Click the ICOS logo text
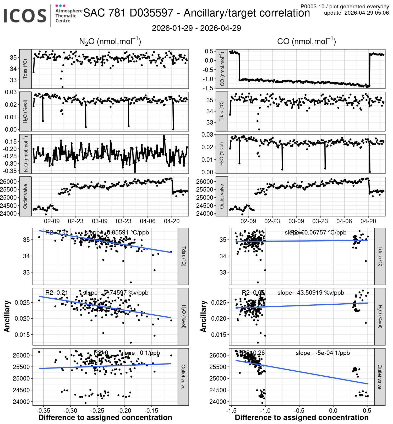pyautogui.click(x=25, y=16)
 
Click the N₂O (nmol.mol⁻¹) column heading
pyautogui.click(x=110, y=41)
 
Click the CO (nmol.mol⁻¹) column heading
pyautogui.click(x=307, y=41)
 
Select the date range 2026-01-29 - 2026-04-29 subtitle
pyautogui.click(x=196, y=28)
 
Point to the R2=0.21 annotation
pyautogui.click(x=57, y=293)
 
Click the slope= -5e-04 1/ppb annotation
pyautogui.click(x=323, y=353)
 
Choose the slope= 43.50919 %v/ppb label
pyautogui.click(x=311, y=293)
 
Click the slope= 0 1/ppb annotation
pyautogui.click(x=140, y=353)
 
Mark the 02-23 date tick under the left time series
pyautogui.click(x=75, y=221)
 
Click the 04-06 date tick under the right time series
pyautogui.click(x=344, y=221)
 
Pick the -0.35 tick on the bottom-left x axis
pyautogui.click(x=43, y=410)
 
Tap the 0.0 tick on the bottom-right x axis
pyautogui.click(x=333, y=410)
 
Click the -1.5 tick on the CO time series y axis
pyautogui.click(x=209, y=88)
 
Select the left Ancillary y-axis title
pyautogui.click(x=7, y=316)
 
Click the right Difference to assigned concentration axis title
pyautogui.click(x=302, y=417)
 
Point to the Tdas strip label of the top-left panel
pyautogui.click(x=25, y=69)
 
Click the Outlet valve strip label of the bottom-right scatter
pyautogui.click(x=380, y=377)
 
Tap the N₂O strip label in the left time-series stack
pyautogui.click(x=26, y=154)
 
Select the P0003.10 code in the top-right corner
pyautogui.click(x=312, y=7)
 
